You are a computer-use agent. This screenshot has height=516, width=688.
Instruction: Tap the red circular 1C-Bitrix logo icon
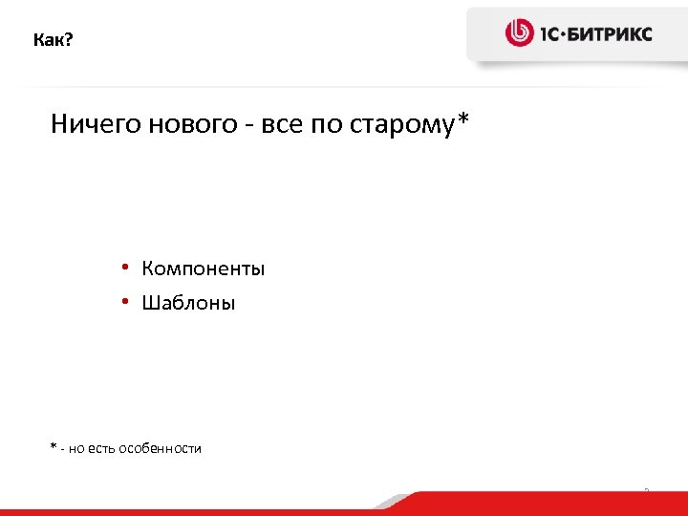519,33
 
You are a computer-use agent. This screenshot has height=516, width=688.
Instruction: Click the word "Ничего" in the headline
95,124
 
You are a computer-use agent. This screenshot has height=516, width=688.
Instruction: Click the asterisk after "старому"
464,120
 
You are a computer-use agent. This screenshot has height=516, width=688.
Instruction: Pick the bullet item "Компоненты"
204,269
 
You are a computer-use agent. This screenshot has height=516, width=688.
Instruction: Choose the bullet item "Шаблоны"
188,304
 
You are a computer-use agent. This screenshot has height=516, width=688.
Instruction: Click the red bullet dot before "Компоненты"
125,268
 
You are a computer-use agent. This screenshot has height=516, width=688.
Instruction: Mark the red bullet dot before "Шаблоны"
125,303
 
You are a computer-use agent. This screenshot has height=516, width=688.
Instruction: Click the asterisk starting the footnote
54,446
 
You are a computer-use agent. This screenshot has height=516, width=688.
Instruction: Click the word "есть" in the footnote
100,448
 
